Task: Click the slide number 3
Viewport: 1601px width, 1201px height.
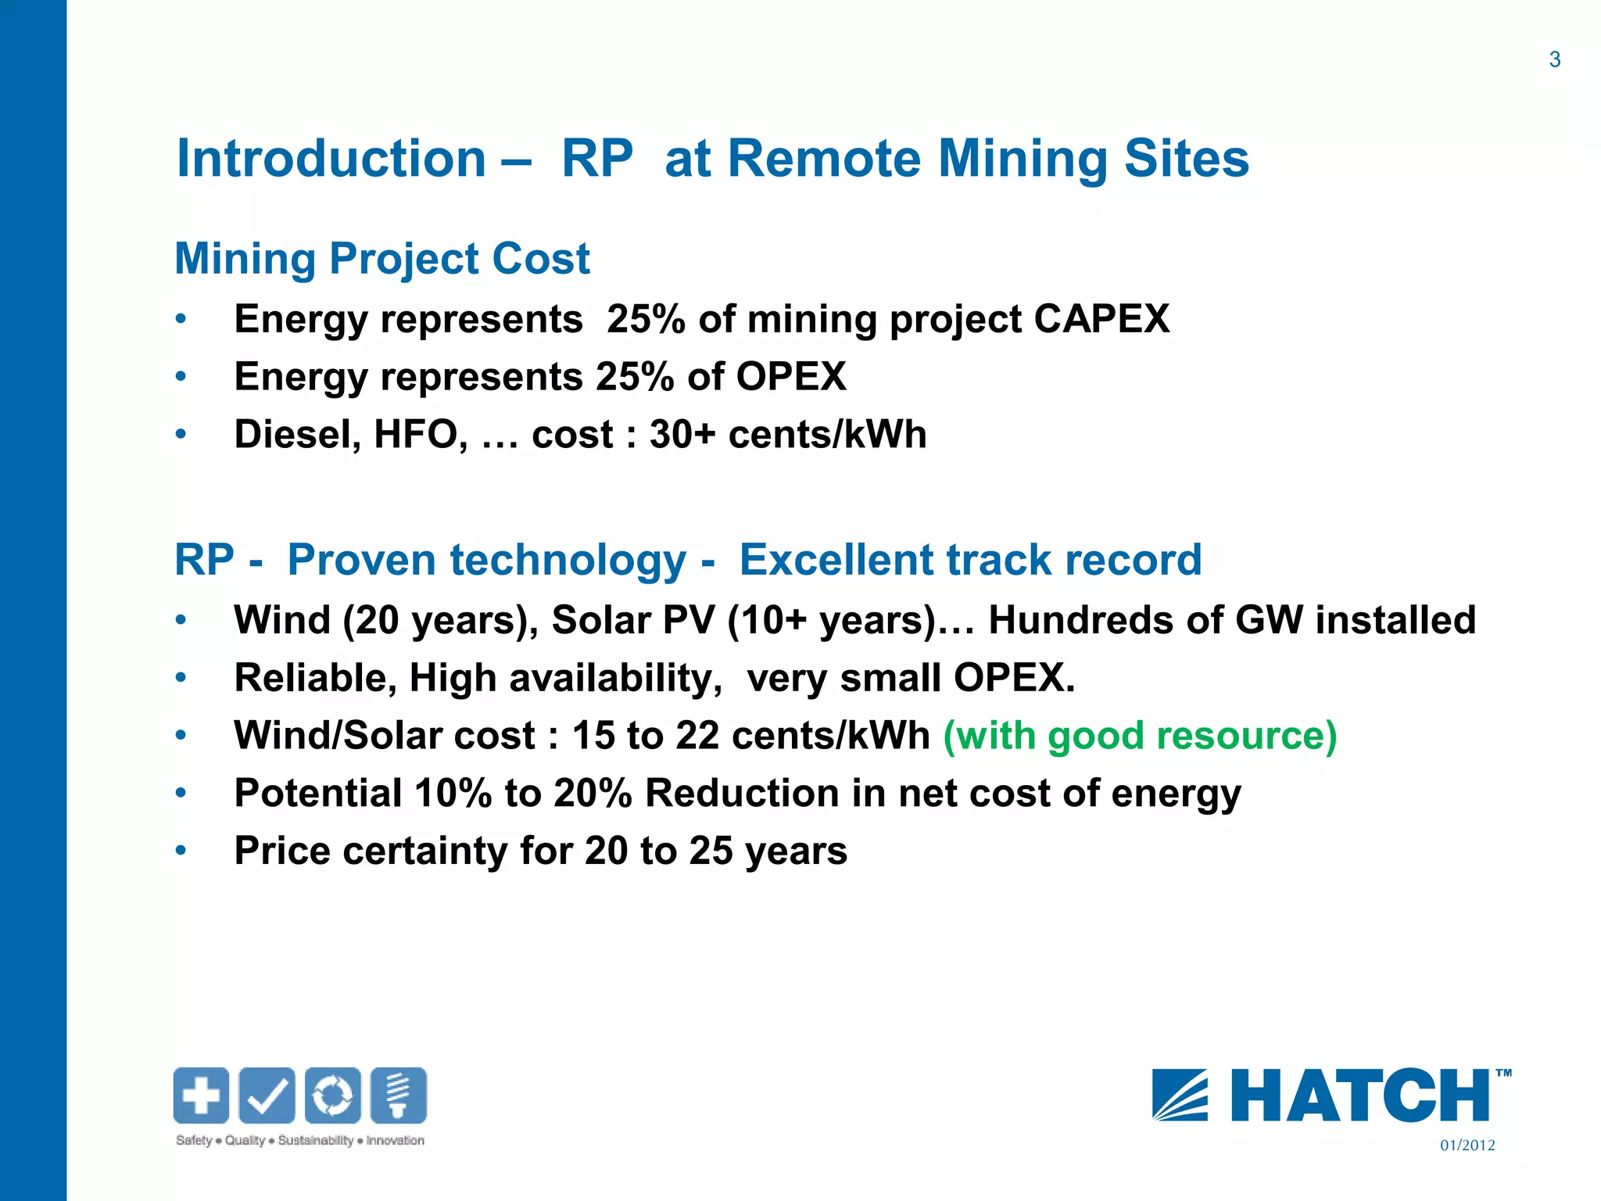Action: coord(1554,60)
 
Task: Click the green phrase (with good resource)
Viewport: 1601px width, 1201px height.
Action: coord(1140,736)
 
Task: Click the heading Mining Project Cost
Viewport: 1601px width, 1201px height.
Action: coord(381,259)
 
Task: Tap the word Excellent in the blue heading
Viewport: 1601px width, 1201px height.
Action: coord(836,560)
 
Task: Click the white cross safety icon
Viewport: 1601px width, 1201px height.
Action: coord(201,1095)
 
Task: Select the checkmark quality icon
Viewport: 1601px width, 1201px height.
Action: coord(267,1095)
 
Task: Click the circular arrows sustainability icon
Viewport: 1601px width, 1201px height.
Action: coord(333,1095)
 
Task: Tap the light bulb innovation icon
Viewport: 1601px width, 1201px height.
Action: coord(399,1095)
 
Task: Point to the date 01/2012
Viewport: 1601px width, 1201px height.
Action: coord(1467,1145)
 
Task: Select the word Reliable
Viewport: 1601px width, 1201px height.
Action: coord(314,678)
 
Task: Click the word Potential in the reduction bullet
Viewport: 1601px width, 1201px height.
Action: coord(317,793)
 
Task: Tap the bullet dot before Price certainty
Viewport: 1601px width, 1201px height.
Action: coord(181,850)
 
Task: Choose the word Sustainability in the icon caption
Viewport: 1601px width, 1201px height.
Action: coord(315,1141)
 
